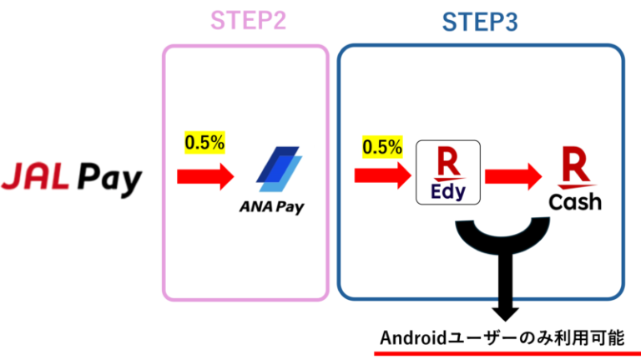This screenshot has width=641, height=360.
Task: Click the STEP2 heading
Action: tap(248, 20)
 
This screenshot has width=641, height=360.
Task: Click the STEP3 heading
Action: tap(480, 23)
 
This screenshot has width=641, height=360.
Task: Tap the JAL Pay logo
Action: tap(73, 179)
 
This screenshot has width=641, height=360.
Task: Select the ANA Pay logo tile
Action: tap(275, 180)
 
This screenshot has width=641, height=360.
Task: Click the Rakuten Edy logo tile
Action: tap(447, 173)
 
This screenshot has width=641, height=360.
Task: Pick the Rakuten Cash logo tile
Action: tap(575, 177)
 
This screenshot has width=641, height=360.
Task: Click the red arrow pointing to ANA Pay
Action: tap(204, 176)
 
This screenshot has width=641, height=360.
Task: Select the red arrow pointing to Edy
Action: tap(382, 175)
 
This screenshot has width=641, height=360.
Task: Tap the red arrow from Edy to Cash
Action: tap(512, 176)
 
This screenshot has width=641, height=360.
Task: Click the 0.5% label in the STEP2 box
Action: tap(204, 143)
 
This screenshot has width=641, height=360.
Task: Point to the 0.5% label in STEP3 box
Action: tap(381, 147)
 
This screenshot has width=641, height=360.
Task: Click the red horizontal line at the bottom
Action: tap(506, 354)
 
